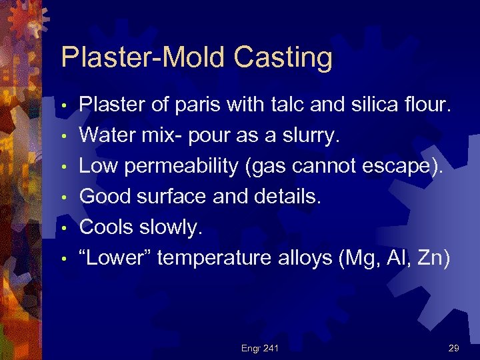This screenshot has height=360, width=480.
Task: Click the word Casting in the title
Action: click(284, 57)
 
